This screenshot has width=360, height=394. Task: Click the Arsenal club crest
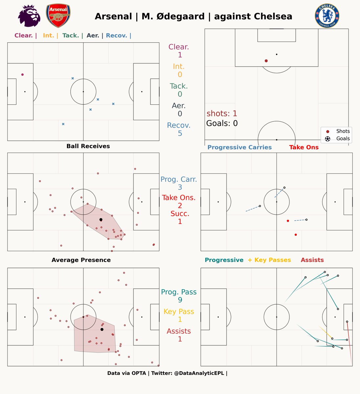click(x=58, y=16)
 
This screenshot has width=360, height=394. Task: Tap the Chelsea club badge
click(x=327, y=16)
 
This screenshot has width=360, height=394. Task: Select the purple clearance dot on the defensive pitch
click(x=22, y=75)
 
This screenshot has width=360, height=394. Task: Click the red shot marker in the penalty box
click(x=266, y=61)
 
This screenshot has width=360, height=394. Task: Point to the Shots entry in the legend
click(x=339, y=131)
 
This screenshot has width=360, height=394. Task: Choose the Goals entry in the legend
click(x=339, y=139)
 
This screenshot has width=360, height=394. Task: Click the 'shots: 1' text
click(x=222, y=114)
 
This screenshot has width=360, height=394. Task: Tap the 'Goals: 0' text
click(x=222, y=123)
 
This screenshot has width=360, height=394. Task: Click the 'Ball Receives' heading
click(x=88, y=146)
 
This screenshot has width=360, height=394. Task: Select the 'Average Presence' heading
click(x=81, y=260)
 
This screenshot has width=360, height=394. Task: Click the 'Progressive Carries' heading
click(x=239, y=147)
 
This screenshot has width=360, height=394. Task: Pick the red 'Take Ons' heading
click(x=304, y=147)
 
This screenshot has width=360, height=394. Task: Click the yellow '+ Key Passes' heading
click(x=269, y=260)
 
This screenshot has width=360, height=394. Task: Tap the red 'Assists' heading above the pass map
click(x=312, y=260)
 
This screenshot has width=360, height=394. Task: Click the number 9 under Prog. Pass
click(x=180, y=300)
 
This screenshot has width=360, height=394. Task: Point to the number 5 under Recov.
click(x=180, y=133)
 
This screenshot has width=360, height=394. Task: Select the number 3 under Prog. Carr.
click(x=180, y=187)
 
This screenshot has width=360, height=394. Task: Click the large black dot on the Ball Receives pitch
click(x=101, y=219)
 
